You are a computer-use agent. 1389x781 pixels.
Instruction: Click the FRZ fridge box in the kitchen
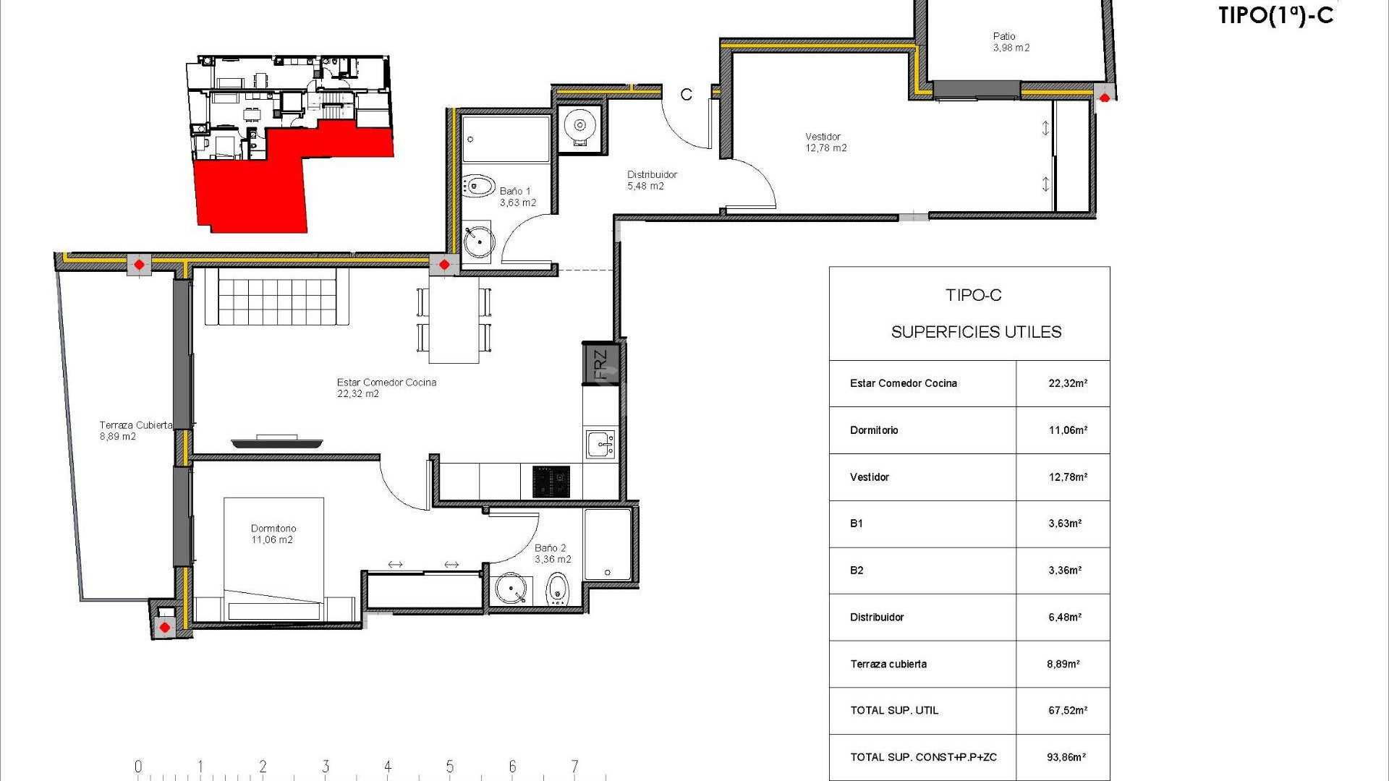coord(600,364)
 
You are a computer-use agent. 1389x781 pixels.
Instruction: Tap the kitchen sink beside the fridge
coord(600,444)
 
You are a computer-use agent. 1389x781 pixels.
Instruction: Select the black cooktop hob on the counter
coord(551,482)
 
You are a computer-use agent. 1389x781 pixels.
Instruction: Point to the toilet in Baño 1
coord(478,186)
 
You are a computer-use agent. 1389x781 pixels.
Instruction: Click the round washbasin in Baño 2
coord(511,589)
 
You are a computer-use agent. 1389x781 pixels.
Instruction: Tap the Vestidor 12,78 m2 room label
coord(825,142)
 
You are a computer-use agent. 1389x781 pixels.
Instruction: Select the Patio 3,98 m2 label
coord(1011,42)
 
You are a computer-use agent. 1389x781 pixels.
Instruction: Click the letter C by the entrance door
coord(686,95)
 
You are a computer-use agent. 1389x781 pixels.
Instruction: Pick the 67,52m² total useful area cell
coord(1067,711)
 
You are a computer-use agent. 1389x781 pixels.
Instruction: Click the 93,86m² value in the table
coord(1066,757)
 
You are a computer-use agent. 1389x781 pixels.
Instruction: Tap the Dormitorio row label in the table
coord(874,430)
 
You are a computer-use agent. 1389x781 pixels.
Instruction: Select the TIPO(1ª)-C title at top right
coord(1275,16)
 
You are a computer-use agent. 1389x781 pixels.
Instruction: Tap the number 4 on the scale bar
coord(388,767)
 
